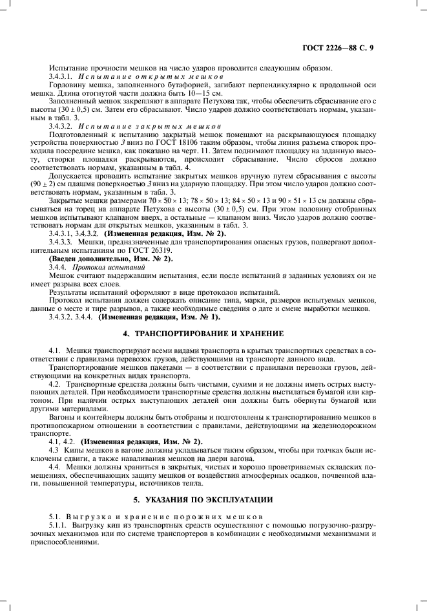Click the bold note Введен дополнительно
(x=91, y=259)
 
